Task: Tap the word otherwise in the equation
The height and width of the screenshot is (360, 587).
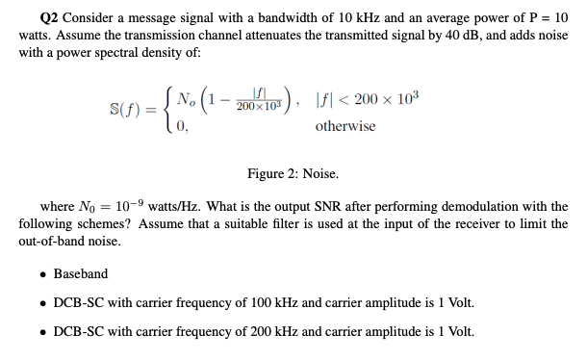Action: pos(345,126)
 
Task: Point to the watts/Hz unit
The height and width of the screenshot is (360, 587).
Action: pos(174,206)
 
